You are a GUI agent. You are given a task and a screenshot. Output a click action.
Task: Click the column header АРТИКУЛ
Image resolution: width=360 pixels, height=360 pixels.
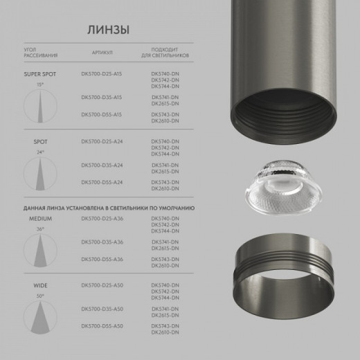(102, 53)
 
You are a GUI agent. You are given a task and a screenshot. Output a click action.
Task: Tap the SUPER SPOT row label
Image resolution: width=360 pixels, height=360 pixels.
(39, 73)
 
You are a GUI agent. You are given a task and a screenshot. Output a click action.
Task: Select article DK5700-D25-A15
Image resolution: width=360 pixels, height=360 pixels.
(102, 73)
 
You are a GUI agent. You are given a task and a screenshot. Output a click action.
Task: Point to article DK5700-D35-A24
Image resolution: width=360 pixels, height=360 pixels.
(102, 165)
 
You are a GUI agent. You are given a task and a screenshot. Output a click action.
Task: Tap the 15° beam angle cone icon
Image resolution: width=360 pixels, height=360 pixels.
(40, 103)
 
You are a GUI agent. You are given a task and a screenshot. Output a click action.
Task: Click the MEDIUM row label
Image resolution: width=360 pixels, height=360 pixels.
(40, 218)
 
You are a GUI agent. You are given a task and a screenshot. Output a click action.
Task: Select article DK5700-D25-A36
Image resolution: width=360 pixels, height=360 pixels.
(102, 218)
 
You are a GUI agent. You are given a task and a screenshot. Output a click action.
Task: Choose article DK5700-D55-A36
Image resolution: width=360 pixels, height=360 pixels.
(102, 258)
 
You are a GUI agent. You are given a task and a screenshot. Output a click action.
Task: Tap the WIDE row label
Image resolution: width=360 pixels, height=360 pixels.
(40, 285)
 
